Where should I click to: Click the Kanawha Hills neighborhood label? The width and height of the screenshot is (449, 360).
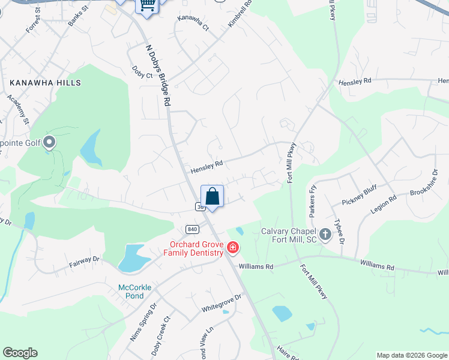(x=45, y=82)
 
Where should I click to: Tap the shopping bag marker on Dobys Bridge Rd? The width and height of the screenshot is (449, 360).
(x=212, y=196)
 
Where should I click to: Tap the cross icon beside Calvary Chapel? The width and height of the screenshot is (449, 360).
(x=325, y=235)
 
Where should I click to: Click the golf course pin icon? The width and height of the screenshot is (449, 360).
(x=49, y=142)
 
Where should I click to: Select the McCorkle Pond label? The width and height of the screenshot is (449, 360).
(x=134, y=292)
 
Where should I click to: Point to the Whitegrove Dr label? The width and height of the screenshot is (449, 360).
(x=221, y=302)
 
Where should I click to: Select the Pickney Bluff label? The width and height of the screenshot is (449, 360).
(x=358, y=198)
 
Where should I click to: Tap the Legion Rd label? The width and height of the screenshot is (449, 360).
(x=384, y=206)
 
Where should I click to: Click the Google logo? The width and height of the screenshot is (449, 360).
(x=20, y=353)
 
